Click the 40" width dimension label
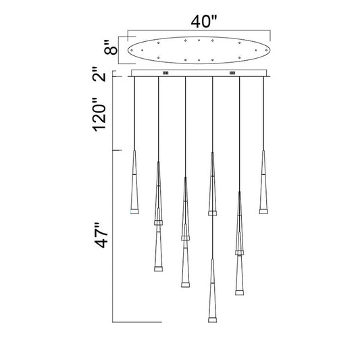pyautogui.click(x=204, y=22)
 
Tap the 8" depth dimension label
pyautogui.click(x=111, y=48)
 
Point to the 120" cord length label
pyautogui.click(x=99, y=115)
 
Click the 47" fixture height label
pyautogui.click(x=101, y=235)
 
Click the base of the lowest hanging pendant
pyautogui.click(x=212, y=320)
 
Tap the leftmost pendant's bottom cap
pyautogui.click(x=134, y=211)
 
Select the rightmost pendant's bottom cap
pyautogui.click(x=263, y=211)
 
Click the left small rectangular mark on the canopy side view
pyautogui.click(x=165, y=73)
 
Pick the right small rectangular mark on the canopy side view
pyautogui.click(x=232, y=73)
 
